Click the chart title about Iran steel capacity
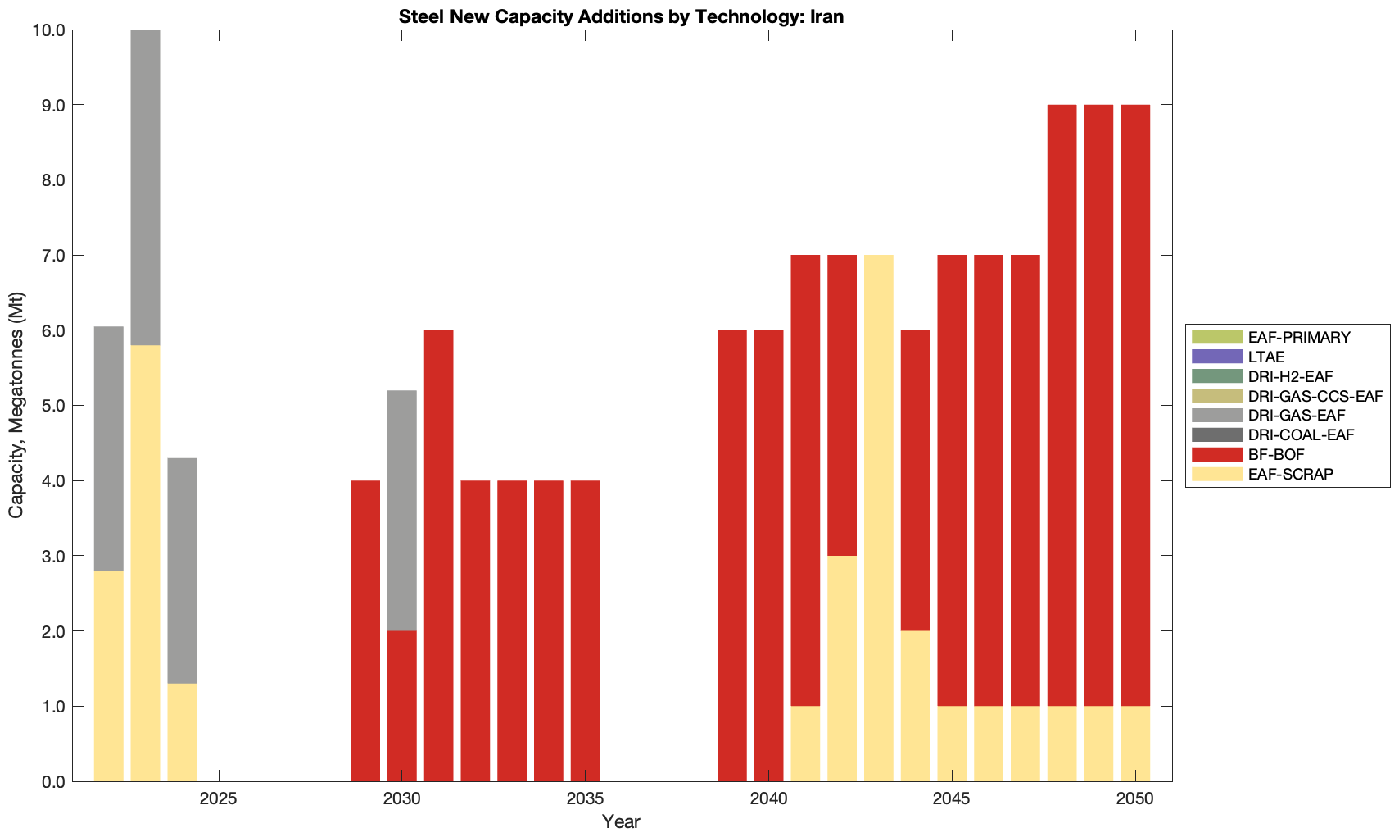point(621,16)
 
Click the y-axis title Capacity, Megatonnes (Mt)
point(16,405)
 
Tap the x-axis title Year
point(621,821)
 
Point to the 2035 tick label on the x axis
point(585,798)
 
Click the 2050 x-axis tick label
point(1135,798)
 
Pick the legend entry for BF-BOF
point(1276,454)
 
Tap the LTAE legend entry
point(1266,357)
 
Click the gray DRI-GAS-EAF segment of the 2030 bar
point(402,511)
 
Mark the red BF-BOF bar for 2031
point(439,556)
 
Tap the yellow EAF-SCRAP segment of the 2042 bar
point(842,668)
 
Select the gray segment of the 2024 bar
point(182,571)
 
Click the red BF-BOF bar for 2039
point(732,556)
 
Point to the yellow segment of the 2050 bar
point(1135,744)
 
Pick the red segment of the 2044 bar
point(916,480)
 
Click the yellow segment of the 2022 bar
point(109,676)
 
